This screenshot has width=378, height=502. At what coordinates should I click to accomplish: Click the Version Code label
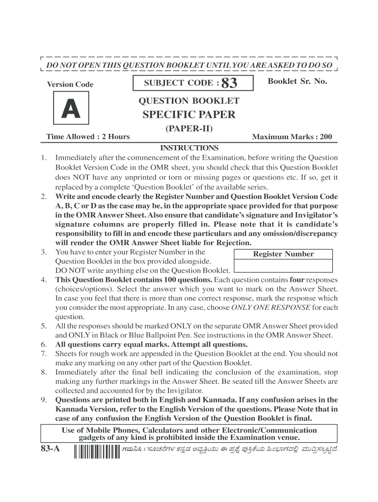pos(70,84)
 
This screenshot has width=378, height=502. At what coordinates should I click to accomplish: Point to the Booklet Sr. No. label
pos(297,81)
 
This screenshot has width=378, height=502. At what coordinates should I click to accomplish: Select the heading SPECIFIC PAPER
pos(189,115)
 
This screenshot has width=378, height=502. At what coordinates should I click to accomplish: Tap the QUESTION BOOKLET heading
pos(189,101)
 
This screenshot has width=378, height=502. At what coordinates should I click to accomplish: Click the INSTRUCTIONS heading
pos(189,148)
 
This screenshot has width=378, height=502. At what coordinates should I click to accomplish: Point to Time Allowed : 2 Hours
pos(88,136)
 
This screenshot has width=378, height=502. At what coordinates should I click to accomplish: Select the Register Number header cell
pos(283,254)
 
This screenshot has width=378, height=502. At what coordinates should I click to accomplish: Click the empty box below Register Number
pos(283,265)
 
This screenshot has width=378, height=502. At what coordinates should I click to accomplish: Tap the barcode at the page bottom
pos(93,451)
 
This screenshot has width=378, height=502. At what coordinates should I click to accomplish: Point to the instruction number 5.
pos(44,326)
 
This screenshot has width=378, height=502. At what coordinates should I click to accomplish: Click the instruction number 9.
pos(44,400)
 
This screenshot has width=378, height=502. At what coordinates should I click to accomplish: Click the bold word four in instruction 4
pos(297,280)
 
